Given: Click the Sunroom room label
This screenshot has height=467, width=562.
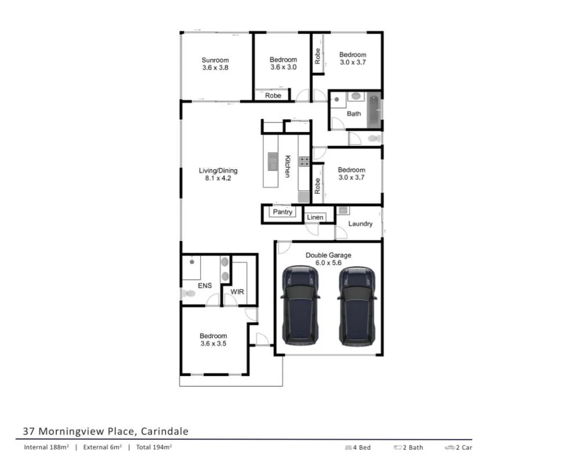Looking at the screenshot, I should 215,60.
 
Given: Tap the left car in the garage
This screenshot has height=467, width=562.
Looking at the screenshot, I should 300,306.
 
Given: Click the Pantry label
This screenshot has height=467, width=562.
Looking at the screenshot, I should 283,212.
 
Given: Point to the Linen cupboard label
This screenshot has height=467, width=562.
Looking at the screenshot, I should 315,217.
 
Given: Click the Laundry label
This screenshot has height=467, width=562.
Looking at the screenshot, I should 360,224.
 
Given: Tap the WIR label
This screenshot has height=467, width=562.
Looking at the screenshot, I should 237,291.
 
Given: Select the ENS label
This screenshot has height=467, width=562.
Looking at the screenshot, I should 205,286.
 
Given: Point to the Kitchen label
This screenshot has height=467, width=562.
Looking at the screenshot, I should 287,166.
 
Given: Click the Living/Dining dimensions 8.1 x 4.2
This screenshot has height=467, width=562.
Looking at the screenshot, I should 218,178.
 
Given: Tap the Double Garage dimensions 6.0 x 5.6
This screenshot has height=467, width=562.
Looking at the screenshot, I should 328,262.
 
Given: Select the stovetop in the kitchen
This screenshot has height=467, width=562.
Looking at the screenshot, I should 304,161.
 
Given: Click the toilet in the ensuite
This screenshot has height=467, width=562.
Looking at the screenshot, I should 187,294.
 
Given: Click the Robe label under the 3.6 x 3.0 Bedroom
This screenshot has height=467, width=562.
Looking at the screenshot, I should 273,96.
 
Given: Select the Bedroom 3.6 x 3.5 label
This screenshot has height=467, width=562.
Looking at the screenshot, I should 213,340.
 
